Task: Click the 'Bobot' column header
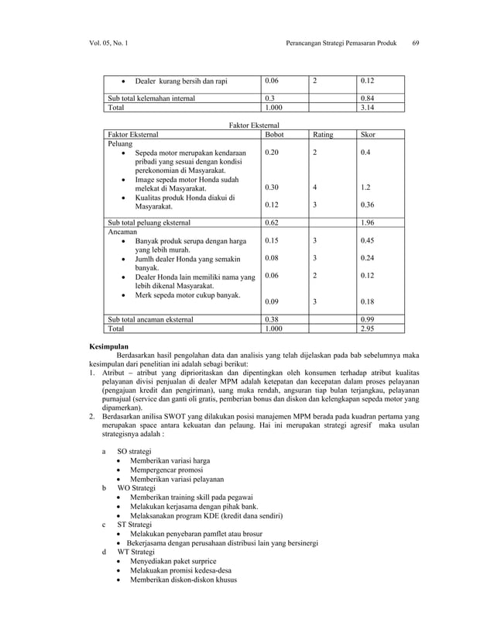click(274, 134)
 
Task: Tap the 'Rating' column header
click(323, 134)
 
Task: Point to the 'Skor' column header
click(369, 134)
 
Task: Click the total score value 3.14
click(369, 108)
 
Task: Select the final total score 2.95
click(369, 329)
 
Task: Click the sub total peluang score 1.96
click(370, 222)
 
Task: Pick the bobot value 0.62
click(272, 222)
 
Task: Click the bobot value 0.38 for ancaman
click(272, 318)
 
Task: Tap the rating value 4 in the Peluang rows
click(315, 188)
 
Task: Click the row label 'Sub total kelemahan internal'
click(151, 98)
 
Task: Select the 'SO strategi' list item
click(134, 450)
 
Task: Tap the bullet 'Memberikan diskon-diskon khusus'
click(184, 580)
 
